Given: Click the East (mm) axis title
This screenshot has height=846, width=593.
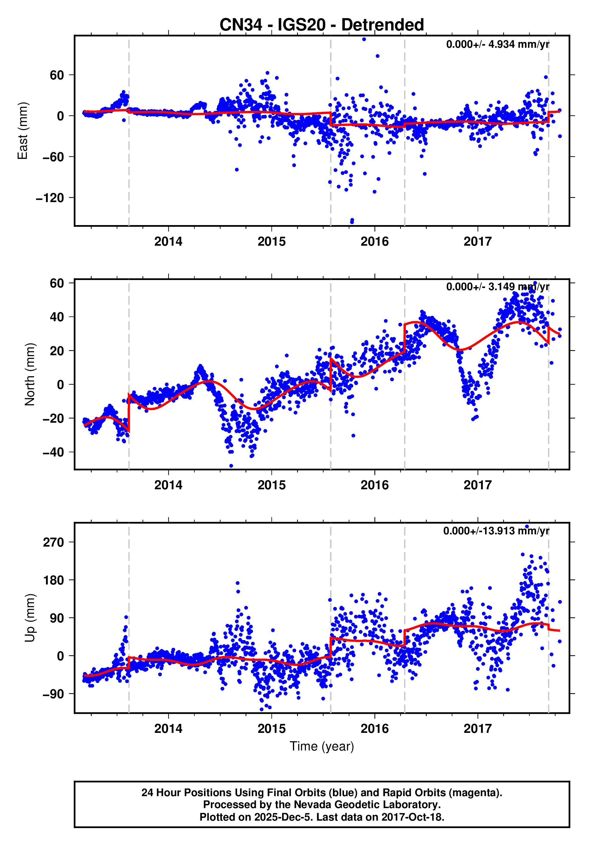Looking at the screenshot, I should [23, 131].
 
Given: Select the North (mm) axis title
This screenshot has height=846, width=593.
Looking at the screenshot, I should [30, 374].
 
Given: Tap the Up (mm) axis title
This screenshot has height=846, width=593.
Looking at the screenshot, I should [30, 618].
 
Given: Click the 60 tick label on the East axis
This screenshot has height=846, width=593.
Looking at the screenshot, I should [57, 75].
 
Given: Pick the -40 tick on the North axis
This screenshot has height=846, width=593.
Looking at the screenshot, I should [53, 452].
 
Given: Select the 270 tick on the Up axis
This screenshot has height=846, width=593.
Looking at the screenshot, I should [53, 542].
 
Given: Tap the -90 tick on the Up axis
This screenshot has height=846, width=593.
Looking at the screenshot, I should [53, 694].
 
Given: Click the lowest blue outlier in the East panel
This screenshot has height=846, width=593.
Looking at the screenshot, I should [352, 222].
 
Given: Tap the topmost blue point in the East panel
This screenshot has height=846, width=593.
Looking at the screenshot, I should [364, 39].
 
